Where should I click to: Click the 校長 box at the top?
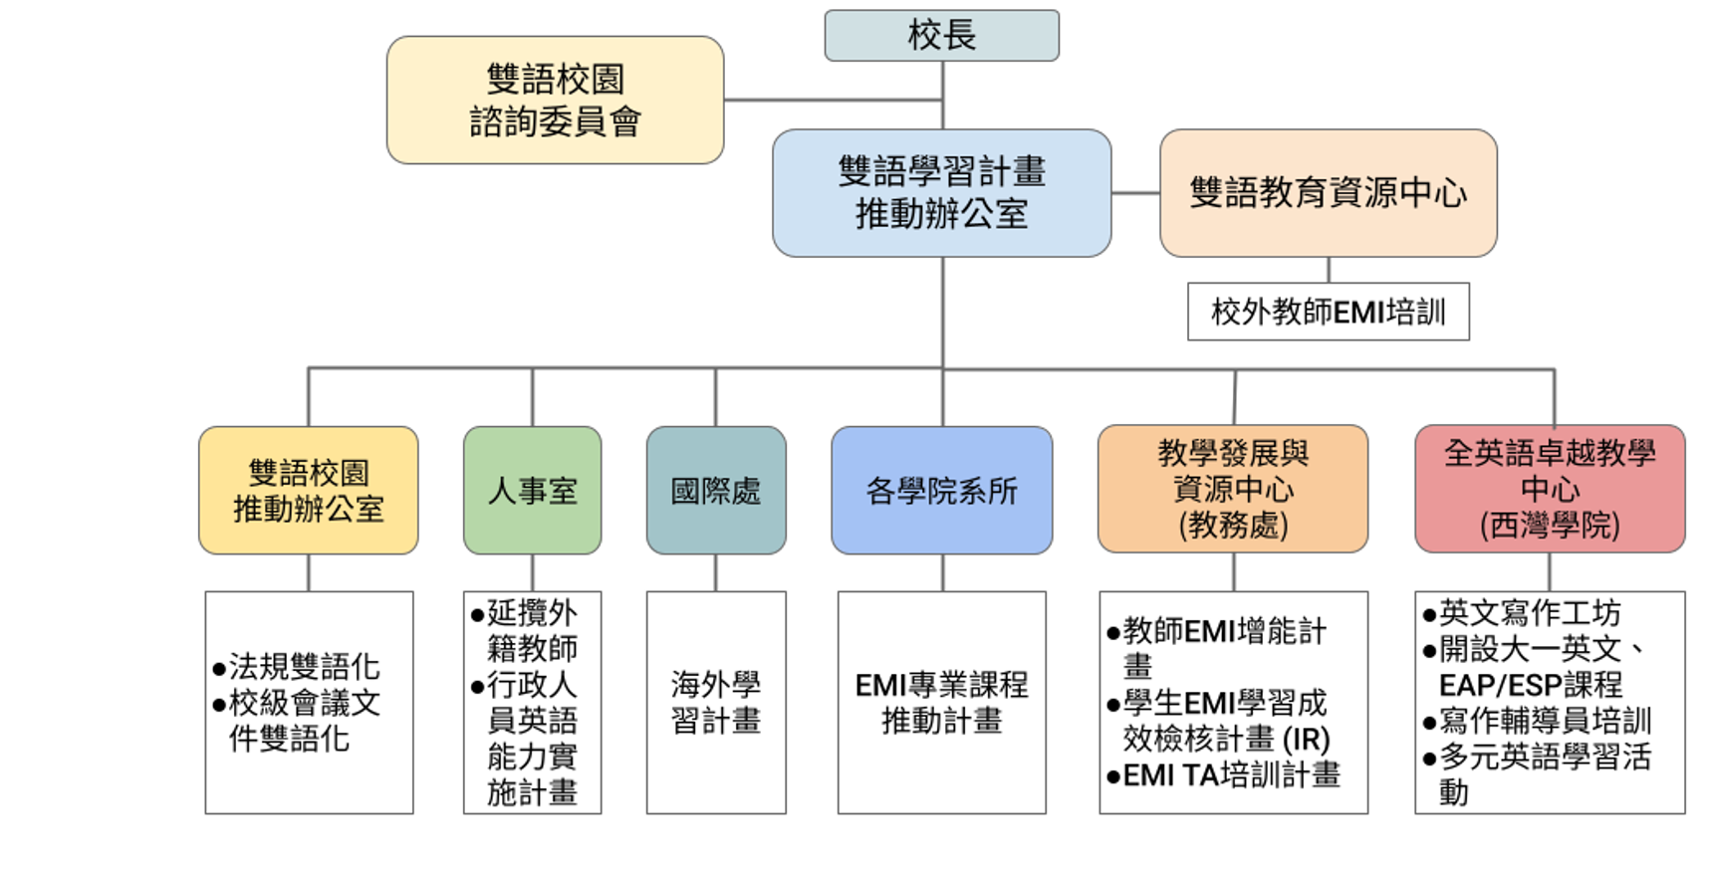(x=941, y=36)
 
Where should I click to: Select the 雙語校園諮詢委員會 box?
(x=555, y=100)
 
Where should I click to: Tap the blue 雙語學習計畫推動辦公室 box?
(x=941, y=193)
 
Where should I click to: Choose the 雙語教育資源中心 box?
(x=1329, y=193)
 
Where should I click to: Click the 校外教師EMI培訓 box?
(x=1329, y=312)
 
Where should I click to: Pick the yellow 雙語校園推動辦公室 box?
(x=309, y=491)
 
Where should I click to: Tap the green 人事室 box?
(x=533, y=491)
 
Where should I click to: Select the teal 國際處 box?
(x=716, y=491)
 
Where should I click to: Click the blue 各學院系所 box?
(x=942, y=491)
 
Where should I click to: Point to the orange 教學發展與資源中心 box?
(x=1233, y=489)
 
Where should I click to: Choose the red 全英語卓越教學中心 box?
(x=1550, y=489)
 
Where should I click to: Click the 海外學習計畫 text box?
(x=716, y=703)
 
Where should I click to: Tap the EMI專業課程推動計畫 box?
(x=942, y=703)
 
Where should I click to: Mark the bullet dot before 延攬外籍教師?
(x=477, y=615)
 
